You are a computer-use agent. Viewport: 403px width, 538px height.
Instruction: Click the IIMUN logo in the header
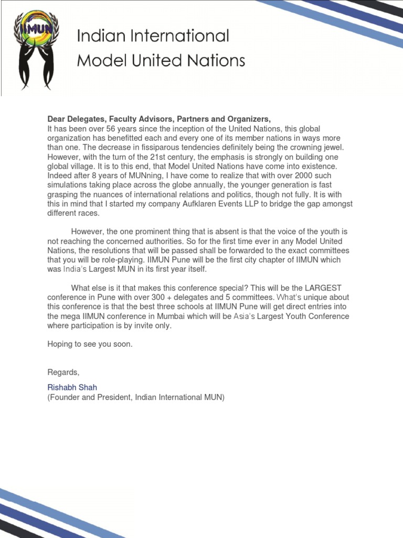coord(36,49)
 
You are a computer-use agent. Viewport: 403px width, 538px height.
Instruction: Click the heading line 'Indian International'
coord(153,36)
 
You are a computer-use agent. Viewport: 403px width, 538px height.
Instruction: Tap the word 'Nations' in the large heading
coord(216,61)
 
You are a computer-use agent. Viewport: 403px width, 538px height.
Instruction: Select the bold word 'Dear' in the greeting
coord(57,119)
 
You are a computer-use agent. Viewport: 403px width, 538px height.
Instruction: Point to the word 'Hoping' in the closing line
coord(60,345)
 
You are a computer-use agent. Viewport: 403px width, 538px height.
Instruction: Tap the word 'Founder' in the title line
coord(66,397)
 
